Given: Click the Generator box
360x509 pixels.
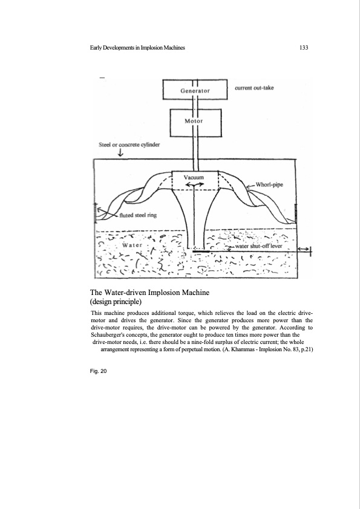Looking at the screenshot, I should (195, 90).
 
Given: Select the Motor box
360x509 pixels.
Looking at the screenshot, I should (195, 120).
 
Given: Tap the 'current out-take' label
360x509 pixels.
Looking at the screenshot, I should (254, 88).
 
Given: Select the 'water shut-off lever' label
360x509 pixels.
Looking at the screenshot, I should (261, 247).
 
